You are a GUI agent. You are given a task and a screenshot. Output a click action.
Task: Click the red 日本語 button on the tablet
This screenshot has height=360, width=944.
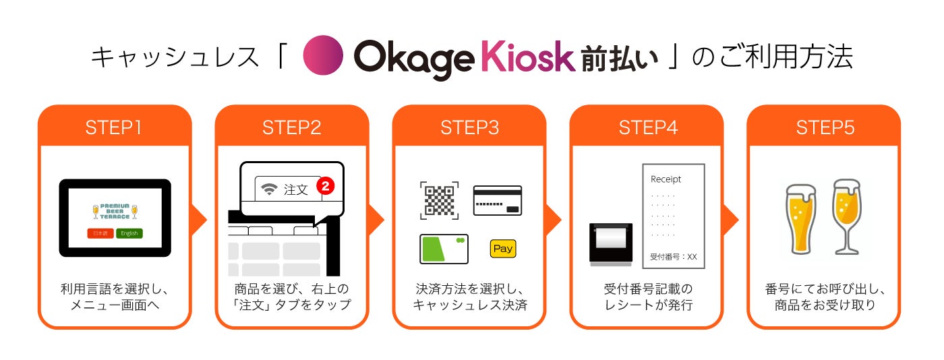coord(100,233)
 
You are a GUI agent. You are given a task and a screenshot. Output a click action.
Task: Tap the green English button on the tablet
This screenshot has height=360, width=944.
coord(129,233)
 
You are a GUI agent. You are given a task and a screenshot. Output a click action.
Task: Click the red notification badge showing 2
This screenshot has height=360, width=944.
coord(326,186)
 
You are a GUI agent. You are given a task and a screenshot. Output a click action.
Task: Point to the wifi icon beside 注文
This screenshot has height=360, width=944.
coord(270,190)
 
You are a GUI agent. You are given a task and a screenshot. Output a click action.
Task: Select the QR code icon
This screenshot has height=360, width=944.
coord(440,200)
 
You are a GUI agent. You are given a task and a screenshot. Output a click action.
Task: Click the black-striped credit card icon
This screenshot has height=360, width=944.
coord(498,200)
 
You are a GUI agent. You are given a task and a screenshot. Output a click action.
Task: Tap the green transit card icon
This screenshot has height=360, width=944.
coord(444,249)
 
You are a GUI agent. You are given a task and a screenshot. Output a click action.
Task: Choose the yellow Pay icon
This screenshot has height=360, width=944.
coord(503,249)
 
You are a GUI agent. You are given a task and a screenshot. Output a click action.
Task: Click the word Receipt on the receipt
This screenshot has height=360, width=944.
coord(666,179)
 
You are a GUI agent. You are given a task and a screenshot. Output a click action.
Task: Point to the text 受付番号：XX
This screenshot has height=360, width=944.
coord(673,257)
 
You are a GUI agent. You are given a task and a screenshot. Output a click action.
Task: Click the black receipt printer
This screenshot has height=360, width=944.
coord(611,243)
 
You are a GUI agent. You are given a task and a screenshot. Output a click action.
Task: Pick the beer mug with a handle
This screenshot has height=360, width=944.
coord(801,218)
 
